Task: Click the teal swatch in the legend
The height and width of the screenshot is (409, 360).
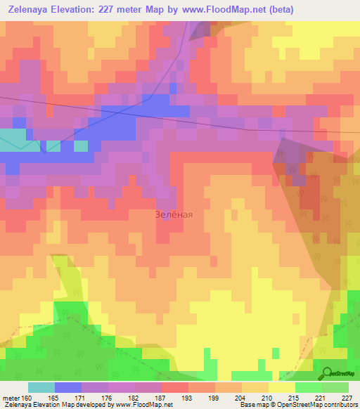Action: (x=41, y=387)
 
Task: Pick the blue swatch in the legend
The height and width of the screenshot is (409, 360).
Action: (x=68, y=387)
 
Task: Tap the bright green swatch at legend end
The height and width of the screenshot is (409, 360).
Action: (x=335, y=387)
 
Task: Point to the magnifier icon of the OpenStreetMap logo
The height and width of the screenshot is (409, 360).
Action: (x=327, y=373)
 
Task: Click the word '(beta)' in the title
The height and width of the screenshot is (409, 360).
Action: (x=278, y=10)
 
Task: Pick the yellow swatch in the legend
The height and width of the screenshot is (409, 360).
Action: (x=282, y=387)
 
